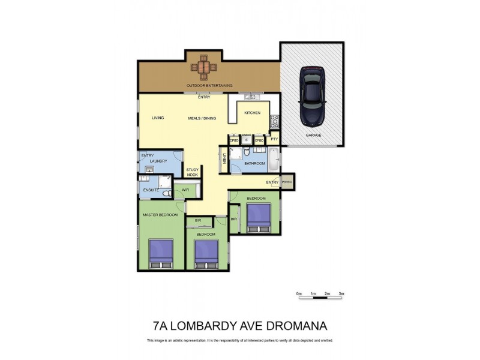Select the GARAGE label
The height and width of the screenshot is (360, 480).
point(313,135)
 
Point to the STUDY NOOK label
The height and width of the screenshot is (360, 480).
point(192,172)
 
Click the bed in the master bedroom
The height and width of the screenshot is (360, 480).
point(161,253)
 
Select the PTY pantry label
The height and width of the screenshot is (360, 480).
point(274,140)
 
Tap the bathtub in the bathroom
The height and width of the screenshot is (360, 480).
point(274,161)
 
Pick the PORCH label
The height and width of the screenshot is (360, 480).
point(287,182)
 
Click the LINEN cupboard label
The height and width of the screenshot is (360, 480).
point(224,160)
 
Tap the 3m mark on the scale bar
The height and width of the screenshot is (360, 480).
point(341,293)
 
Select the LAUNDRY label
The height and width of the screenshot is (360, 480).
point(158,161)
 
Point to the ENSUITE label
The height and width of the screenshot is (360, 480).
point(151,190)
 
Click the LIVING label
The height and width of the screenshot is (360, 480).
point(158,118)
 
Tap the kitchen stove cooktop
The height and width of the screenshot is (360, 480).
point(274,121)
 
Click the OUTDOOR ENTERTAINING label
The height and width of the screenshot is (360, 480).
point(209,85)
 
